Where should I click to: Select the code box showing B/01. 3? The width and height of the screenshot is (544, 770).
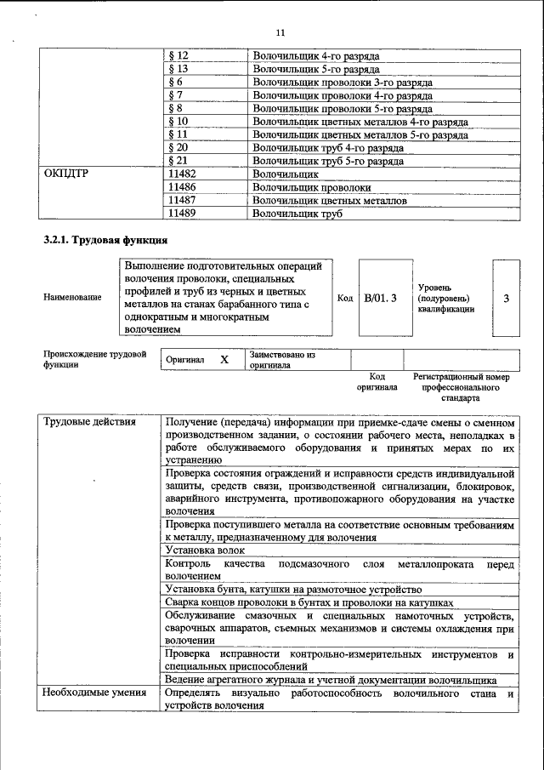[x=380, y=298]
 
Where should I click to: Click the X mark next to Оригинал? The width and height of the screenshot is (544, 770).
[x=224, y=359]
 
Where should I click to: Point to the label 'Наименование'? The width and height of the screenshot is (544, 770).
[x=71, y=298]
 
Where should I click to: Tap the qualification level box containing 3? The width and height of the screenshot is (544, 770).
[x=507, y=298]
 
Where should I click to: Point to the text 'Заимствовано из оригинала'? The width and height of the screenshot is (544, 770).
[x=283, y=359]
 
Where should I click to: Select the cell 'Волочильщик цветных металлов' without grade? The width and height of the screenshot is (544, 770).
[x=330, y=200]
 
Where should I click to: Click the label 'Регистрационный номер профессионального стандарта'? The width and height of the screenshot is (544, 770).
[x=461, y=386]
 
